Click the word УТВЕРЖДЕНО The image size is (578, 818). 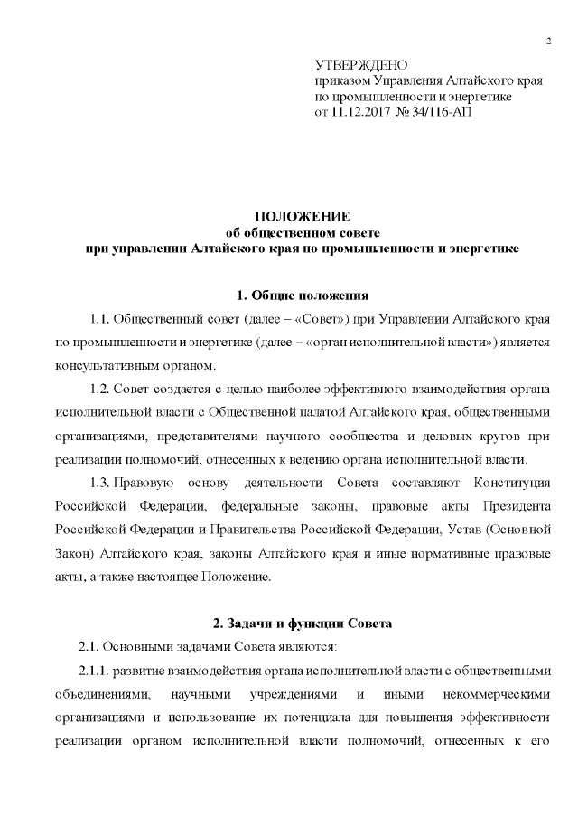click(x=361, y=65)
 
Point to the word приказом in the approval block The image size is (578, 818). click(x=341, y=80)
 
